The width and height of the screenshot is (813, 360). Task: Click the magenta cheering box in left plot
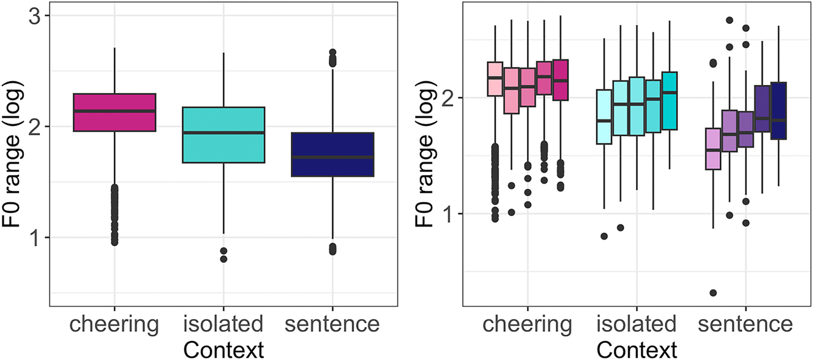[x=114, y=112]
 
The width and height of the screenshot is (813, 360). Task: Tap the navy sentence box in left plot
[x=332, y=154]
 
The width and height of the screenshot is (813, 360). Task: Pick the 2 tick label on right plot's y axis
[x=449, y=98]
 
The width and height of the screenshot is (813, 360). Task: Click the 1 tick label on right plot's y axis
[x=449, y=214]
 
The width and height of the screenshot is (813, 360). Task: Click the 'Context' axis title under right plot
[x=637, y=349]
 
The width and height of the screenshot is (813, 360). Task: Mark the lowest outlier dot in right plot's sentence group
[x=713, y=293]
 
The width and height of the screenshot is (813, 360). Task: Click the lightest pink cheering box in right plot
[x=495, y=79]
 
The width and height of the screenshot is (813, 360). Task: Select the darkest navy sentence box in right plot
[x=779, y=110]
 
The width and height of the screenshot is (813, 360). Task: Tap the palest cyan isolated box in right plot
[x=604, y=117]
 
